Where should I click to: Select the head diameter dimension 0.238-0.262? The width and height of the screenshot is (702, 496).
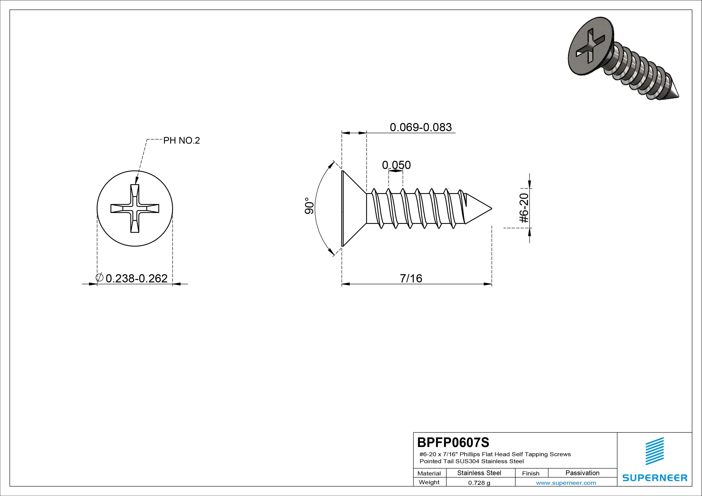tap(136, 278)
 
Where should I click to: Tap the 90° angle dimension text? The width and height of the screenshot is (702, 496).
tap(309, 206)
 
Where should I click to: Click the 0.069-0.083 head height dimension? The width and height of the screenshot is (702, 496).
tap(421, 127)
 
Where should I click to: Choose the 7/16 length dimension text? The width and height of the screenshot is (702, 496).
tap(411, 278)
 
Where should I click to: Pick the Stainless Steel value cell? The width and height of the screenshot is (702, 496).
tap(479, 473)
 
